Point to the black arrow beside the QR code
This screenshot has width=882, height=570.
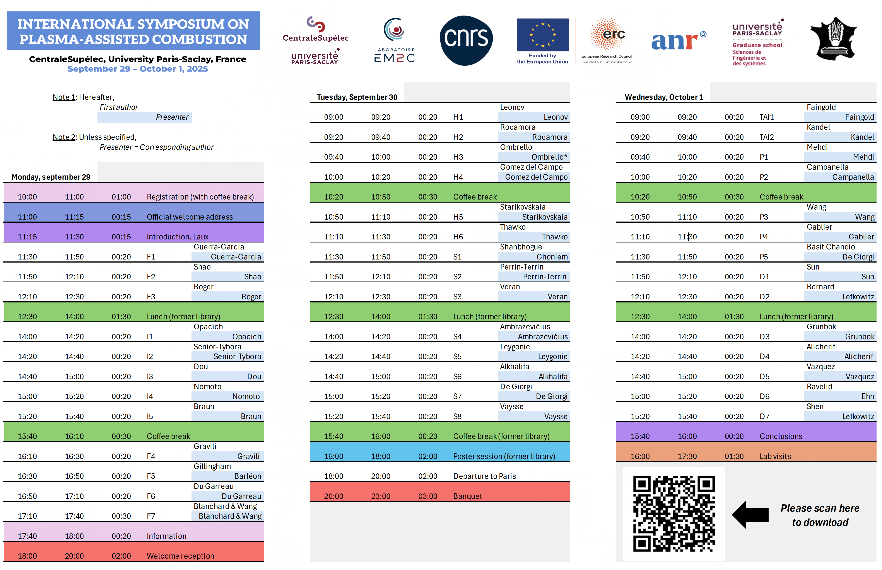click(750, 514)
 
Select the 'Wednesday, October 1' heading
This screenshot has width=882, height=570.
click(664, 97)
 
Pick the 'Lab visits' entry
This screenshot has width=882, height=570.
click(775, 456)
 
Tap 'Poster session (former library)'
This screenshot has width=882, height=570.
click(504, 456)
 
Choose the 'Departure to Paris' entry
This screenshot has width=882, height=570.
click(484, 476)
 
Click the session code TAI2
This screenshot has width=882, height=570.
click(767, 137)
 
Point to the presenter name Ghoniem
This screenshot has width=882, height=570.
click(552, 257)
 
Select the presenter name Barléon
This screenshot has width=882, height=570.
click(248, 476)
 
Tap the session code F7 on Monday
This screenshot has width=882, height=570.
click(151, 516)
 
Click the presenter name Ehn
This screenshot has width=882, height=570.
click(868, 396)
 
